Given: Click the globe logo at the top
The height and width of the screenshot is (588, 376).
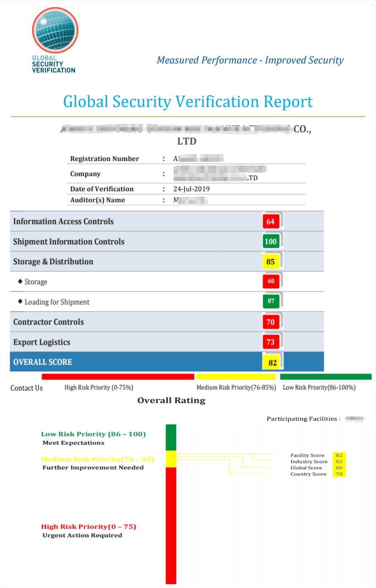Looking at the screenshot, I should click(x=55, y=30).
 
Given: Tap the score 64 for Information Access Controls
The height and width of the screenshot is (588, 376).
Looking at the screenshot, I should click(x=271, y=222).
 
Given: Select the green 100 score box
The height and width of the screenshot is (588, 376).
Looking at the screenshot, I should click(x=270, y=241).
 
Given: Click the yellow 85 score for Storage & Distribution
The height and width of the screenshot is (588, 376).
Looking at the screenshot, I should click(x=271, y=262).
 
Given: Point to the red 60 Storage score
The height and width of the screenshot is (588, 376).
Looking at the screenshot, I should click(x=271, y=281).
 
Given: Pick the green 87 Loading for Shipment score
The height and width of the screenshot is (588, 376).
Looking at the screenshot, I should click(x=271, y=301).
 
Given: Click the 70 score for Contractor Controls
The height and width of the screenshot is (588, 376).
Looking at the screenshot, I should click(x=271, y=322).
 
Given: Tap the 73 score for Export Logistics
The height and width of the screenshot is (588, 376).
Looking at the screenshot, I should click(x=271, y=342).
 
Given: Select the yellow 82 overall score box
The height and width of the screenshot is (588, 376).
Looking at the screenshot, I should click(x=272, y=362).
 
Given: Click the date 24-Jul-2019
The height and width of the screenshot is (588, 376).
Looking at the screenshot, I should click(x=191, y=189).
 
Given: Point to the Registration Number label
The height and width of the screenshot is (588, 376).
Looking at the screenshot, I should click(x=104, y=159).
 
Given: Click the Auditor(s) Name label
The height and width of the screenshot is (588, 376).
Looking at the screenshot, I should click(x=97, y=200).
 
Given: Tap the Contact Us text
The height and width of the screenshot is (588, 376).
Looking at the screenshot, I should click(x=27, y=388).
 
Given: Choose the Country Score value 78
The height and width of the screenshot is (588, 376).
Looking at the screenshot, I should click(x=339, y=474).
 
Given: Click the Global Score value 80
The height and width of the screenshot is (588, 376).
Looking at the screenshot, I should click(x=339, y=468).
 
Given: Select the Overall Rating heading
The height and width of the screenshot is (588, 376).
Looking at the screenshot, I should click(x=171, y=400).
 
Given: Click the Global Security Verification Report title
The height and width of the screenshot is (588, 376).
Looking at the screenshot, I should click(x=188, y=102).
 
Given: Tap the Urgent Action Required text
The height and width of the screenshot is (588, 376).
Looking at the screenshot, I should click(x=82, y=535).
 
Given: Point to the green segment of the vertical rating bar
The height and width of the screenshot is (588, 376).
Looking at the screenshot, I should click(x=171, y=437).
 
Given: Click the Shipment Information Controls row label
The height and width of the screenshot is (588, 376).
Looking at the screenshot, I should click(x=69, y=241).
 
